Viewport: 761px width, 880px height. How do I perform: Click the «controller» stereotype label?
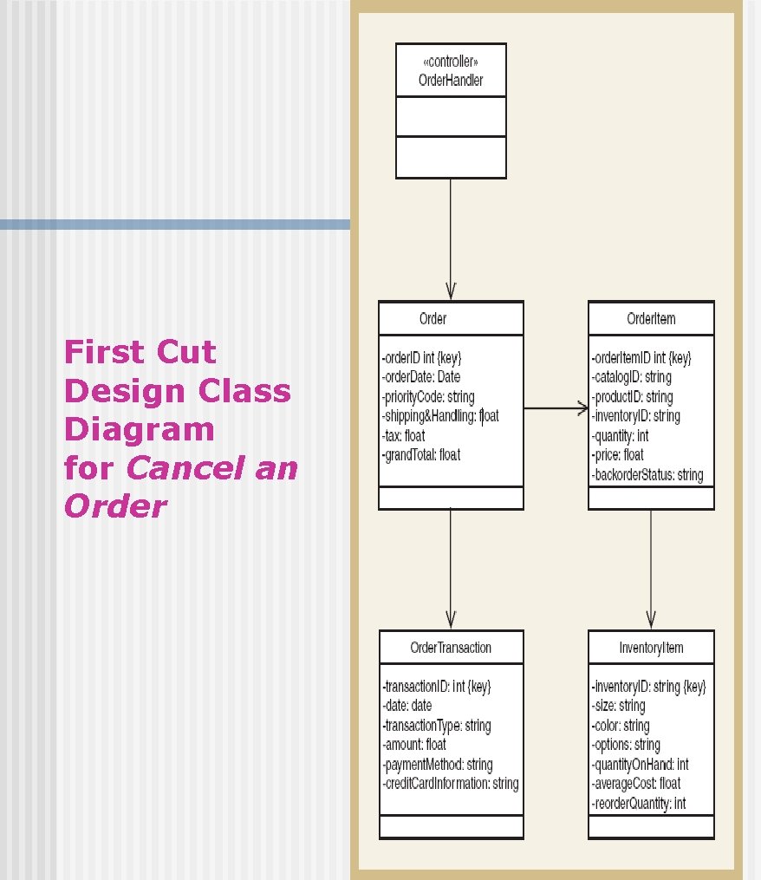click(450, 62)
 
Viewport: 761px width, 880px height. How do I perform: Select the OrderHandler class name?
click(450, 81)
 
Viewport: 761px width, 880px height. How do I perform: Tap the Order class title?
click(433, 319)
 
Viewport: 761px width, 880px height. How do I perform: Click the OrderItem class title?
click(651, 319)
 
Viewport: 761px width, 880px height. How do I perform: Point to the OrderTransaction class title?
click(451, 648)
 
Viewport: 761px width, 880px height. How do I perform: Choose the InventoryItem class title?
click(651, 648)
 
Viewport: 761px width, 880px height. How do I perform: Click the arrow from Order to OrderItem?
click(556, 408)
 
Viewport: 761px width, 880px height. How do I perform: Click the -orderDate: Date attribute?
click(421, 377)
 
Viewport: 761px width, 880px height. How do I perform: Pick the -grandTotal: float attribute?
click(421, 454)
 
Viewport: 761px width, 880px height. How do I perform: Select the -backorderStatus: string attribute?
click(647, 475)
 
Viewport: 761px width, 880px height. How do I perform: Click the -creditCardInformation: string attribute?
click(450, 784)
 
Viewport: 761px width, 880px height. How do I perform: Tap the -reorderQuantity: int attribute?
click(638, 804)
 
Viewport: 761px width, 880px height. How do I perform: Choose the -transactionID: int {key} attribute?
click(436, 687)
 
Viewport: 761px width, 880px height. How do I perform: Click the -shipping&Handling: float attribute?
click(440, 416)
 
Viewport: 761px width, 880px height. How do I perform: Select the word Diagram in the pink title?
click(139, 430)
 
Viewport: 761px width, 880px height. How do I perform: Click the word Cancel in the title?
click(181, 468)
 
